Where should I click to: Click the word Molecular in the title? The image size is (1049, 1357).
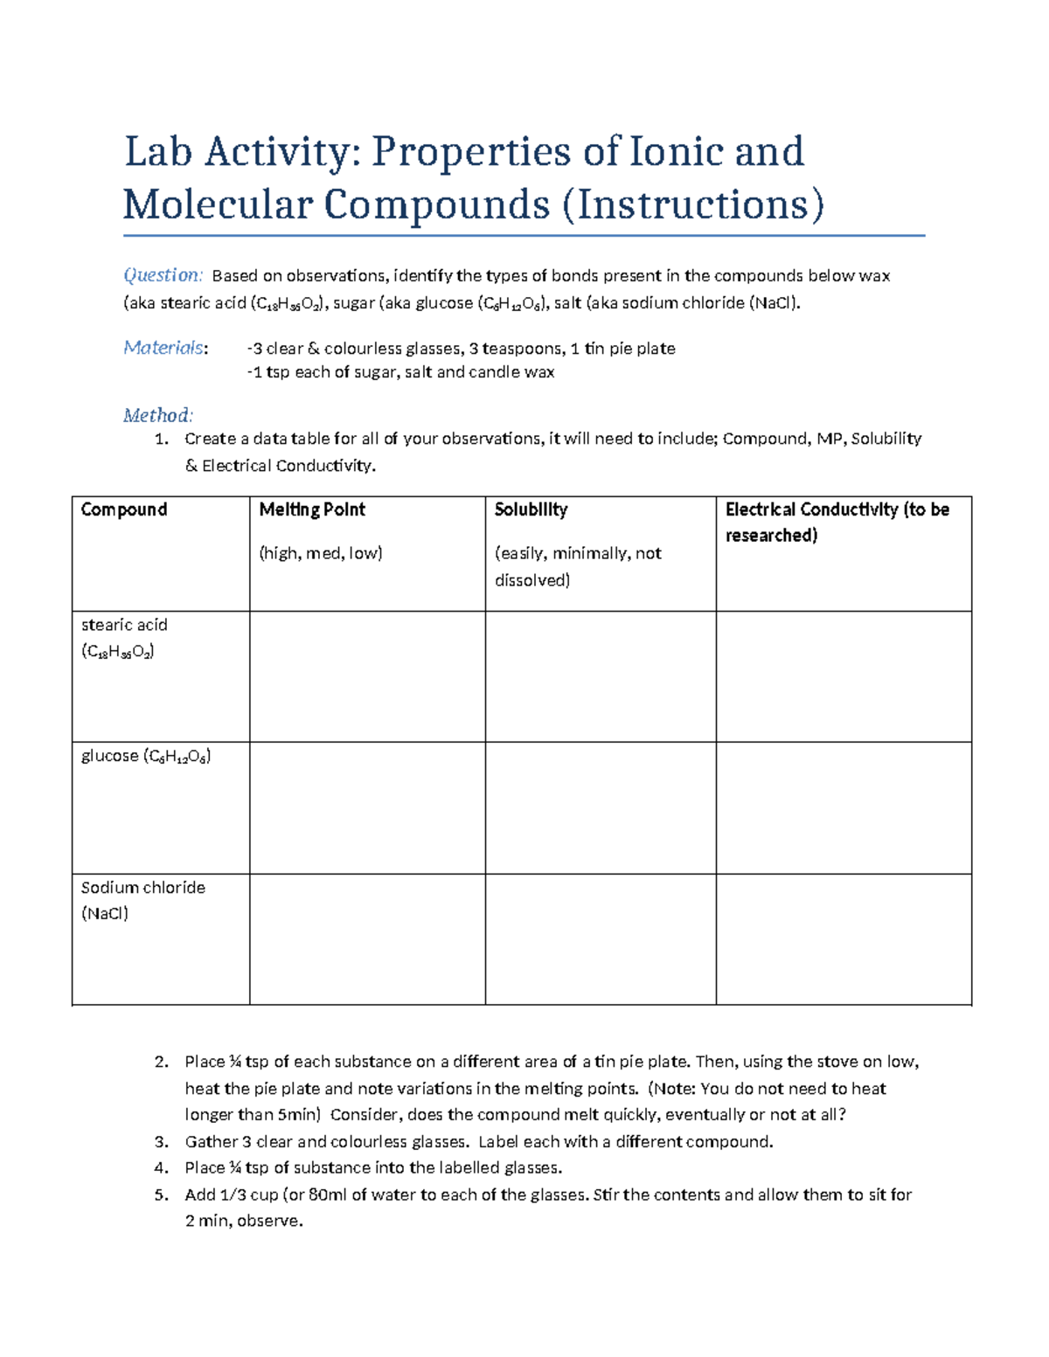[x=217, y=205]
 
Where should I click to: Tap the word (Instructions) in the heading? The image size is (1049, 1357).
[x=692, y=205]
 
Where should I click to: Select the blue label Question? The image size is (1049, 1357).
[x=163, y=275]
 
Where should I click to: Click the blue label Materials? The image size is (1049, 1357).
[x=165, y=348]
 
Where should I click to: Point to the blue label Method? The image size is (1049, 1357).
[x=157, y=415]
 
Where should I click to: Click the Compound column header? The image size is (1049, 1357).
[x=123, y=509]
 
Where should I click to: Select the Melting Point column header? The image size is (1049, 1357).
[x=312, y=509]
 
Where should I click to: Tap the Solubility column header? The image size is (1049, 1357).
[x=531, y=509]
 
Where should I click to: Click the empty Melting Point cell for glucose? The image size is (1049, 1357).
[x=367, y=808]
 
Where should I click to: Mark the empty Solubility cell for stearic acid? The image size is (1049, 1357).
[x=601, y=676]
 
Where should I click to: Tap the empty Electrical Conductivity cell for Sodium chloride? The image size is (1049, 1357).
[x=844, y=939]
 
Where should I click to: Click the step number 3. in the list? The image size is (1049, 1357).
[x=161, y=1142]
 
